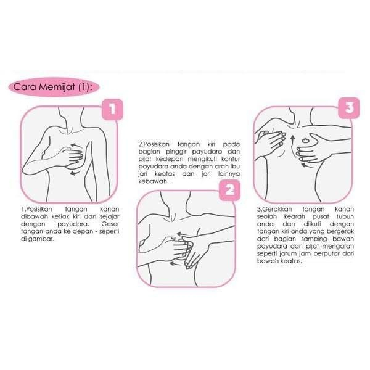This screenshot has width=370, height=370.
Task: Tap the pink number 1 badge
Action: point(112,110)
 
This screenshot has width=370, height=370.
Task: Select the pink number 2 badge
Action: point(229,190)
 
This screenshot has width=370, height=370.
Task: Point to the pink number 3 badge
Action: point(349,108)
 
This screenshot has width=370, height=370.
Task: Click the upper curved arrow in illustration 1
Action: point(76,146)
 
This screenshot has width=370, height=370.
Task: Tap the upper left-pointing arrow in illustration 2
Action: point(183,234)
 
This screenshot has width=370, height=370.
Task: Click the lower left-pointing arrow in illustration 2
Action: point(176,263)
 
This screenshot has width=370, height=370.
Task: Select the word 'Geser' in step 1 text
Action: point(110,224)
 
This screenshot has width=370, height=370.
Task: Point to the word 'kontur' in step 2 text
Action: point(231,159)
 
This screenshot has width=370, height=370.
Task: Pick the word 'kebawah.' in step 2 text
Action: point(154,181)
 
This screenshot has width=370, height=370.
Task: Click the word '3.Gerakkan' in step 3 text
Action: point(274,209)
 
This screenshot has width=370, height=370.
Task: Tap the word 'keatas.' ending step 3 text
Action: point(291,261)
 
